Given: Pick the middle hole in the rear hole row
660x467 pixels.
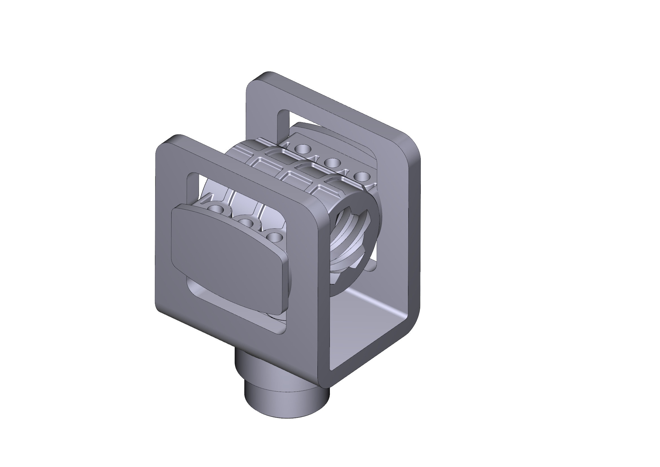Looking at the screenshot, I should (x=333, y=162).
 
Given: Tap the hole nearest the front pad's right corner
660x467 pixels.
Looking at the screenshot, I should (x=274, y=237).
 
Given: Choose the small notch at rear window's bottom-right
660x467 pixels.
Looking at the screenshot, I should (x=372, y=266).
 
